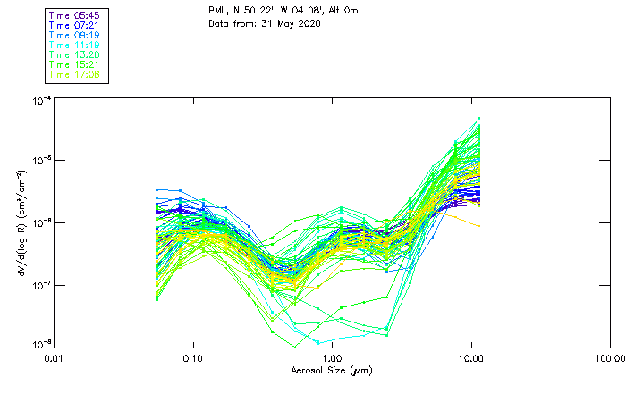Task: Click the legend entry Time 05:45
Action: tap(74, 16)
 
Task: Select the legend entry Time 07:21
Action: tap(74, 26)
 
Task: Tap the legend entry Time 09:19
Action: tap(74, 36)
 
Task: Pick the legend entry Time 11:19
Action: tap(74, 46)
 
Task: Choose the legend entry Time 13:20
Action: tap(74, 55)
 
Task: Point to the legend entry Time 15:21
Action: tap(74, 65)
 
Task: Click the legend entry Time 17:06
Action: tap(74, 75)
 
